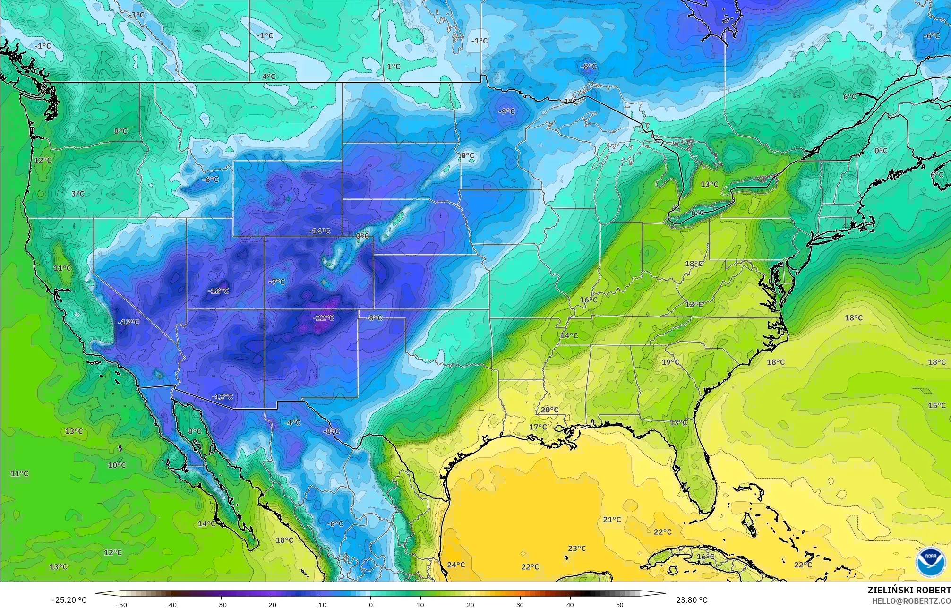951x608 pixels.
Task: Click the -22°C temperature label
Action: tap(324, 318)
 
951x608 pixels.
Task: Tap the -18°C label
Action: tap(218, 291)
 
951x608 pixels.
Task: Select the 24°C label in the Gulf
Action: tap(456, 565)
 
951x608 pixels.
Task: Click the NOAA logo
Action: tap(931, 562)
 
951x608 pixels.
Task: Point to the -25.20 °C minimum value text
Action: tap(69, 600)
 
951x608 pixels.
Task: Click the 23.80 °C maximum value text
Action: tap(692, 600)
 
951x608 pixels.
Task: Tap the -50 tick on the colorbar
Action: tap(121, 604)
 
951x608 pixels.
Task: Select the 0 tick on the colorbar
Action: tap(371, 604)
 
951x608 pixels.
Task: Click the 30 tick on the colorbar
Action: tap(520, 604)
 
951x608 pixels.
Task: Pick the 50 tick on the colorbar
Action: tap(620, 604)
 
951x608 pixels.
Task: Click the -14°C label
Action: tap(320, 231)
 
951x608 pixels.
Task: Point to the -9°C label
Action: tap(506, 111)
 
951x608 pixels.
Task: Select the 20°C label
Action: tap(549, 410)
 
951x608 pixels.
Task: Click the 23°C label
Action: tap(577, 548)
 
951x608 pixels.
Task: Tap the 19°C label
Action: tap(670, 362)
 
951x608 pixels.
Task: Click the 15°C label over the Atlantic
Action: tap(937, 406)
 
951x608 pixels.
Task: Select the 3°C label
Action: tap(78, 194)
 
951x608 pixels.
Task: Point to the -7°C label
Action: tap(277, 282)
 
